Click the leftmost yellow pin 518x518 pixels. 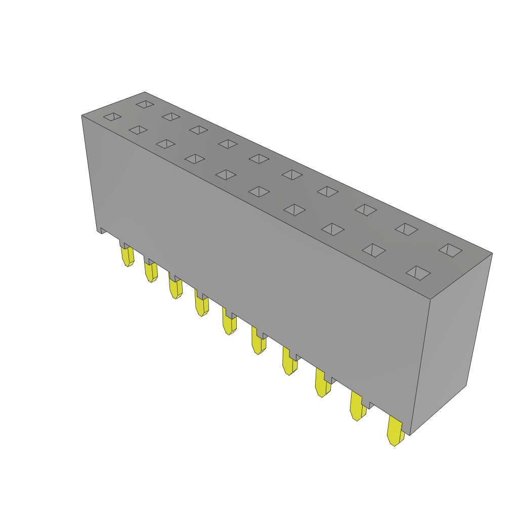click(127, 256)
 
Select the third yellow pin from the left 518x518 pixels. click(176, 288)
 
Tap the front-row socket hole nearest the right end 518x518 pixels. click(418, 273)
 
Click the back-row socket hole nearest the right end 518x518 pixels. click(450, 250)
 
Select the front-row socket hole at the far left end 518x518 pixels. click(112, 117)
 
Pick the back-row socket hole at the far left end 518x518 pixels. click(145, 104)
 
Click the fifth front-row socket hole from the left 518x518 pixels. click(226, 175)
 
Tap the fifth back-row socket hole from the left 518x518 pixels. click(259, 159)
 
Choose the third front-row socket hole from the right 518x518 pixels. click(333, 229)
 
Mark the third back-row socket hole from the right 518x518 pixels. click(366, 209)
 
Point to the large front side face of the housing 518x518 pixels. click(253, 253)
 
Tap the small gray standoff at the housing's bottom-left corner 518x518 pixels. click(102, 231)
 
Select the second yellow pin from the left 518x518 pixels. click(151, 272)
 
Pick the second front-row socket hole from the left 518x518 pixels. click(138, 130)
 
